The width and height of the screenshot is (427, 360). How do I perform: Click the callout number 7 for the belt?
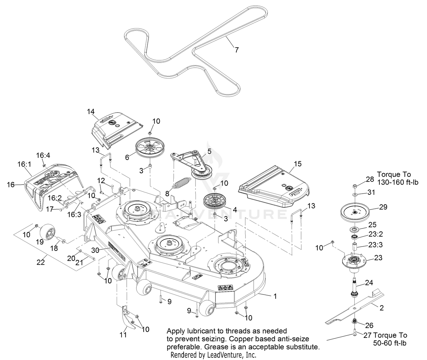[237, 50]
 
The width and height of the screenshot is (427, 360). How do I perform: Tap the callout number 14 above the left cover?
[91, 111]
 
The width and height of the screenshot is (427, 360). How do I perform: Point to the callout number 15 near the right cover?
[298, 164]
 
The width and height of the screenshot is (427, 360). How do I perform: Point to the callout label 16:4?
[43, 156]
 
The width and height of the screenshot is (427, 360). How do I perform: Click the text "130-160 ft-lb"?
[398, 182]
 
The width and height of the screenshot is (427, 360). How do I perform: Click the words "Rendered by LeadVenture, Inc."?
[213, 355]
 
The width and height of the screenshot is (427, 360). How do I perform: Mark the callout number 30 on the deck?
[95, 250]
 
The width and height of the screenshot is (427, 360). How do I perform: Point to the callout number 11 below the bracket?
[123, 335]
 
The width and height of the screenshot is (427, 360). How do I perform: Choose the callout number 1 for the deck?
[275, 296]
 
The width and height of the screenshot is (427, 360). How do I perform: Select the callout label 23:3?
[376, 245]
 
